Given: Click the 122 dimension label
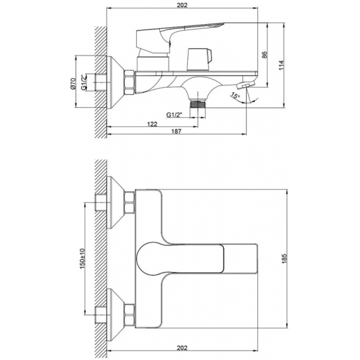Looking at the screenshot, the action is [x=153, y=124].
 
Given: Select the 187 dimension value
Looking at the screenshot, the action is [x=176, y=132].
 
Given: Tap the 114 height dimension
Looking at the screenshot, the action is [x=281, y=65].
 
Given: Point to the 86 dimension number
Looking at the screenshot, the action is [x=264, y=54].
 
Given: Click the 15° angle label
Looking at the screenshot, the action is [x=235, y=96].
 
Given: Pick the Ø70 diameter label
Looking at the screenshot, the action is [x=73, y=84].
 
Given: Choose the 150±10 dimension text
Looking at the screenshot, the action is [x=82, y=259].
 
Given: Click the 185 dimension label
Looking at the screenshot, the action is [x=284, y=259].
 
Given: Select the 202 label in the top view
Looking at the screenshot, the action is [x=182, y=5].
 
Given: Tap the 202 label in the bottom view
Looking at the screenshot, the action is [x=182, y=348].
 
